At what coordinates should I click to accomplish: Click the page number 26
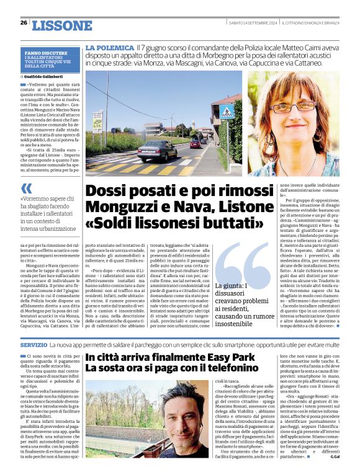[24, 23]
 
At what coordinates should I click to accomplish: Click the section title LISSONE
[61, 25]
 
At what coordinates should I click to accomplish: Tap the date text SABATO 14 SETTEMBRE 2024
[251, 22]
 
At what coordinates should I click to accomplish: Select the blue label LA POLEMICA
[110, 48]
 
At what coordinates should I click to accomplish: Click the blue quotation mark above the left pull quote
[25, 188]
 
